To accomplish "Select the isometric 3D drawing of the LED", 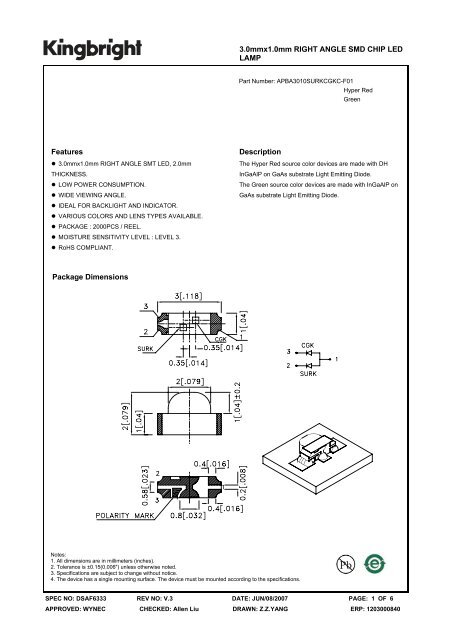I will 330,451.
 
